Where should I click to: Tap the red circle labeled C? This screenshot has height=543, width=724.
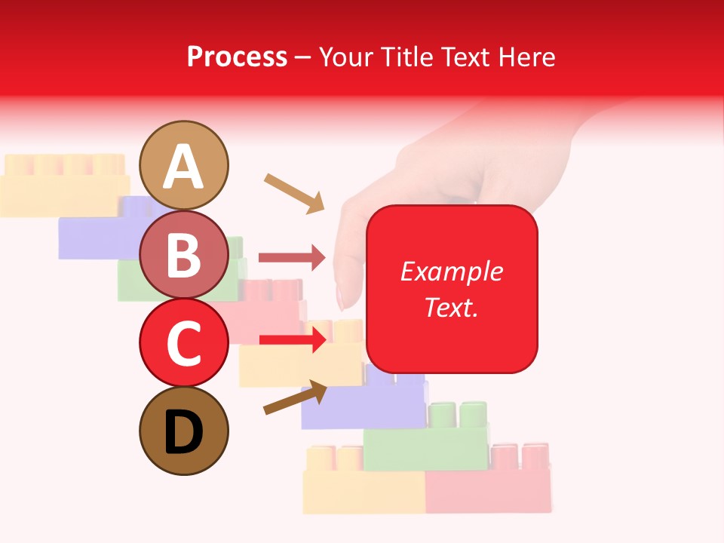point(184,342)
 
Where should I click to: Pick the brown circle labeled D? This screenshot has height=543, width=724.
point(184,431)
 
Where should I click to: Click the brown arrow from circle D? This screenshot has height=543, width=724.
point(295,397)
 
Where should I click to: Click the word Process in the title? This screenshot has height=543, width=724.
point(237,57)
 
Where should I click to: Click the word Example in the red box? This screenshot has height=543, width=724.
point(451,271)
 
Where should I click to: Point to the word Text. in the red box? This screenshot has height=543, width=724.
point(451,307)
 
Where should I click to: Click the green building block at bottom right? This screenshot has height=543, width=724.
point(425,445)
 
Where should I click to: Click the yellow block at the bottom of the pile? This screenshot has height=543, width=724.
point(364,490)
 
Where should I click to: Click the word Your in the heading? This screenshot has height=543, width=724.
point(346,57)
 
